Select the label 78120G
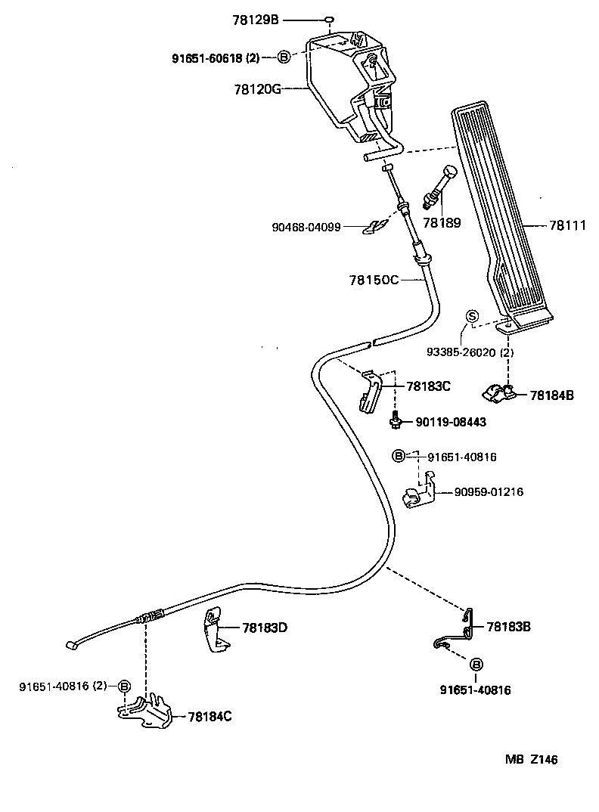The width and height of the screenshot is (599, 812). click(257, 88)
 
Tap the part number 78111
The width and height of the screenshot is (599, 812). click(567, 225)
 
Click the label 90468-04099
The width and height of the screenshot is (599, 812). click(317, 226)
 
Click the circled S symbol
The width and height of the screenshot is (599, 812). click(470, 317)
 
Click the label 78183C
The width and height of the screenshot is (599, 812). click(428, 386)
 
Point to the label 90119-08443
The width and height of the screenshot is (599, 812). click(451, 422)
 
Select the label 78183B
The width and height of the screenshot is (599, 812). click(508, 627)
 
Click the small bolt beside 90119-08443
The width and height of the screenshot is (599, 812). click(395, 420)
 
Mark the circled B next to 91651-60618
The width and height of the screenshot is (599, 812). click(284, 57)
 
